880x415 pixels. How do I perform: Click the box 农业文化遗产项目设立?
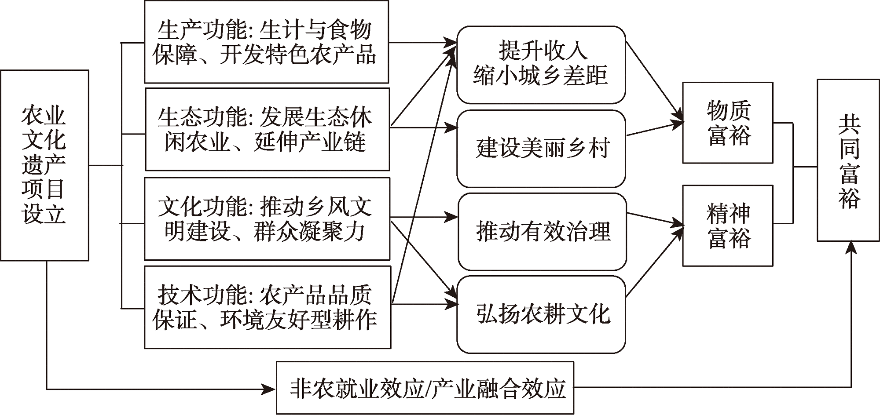pos(44,165)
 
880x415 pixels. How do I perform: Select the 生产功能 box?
pos(267,42)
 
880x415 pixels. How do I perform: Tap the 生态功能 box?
pos(268,129)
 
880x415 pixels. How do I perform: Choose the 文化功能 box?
pos(268,218)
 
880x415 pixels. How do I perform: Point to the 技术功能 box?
pos(268,307)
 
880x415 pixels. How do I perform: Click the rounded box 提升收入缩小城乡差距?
pos(541,65)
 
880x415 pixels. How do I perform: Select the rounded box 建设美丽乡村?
pos(541,149)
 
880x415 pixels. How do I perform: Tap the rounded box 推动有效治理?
pos(542,231)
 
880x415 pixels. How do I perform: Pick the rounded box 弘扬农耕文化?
pos(541,314)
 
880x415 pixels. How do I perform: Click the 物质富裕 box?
pos(728,123)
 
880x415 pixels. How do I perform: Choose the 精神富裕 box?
pos(728,226)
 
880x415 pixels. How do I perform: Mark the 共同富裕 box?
pos(848,160)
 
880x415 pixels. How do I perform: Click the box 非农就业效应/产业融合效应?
pos(425,388)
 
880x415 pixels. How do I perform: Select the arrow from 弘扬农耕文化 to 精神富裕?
pos(655,260)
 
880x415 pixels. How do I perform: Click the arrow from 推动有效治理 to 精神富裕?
pos(656,220)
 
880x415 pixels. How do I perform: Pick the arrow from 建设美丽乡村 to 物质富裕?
pos(656,129)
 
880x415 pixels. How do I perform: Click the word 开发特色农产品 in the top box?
pos(298,55)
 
